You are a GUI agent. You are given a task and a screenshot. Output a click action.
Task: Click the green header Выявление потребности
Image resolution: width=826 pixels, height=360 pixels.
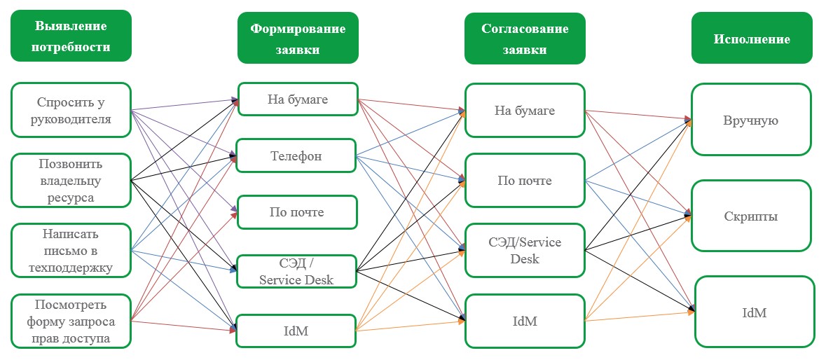point(71,36)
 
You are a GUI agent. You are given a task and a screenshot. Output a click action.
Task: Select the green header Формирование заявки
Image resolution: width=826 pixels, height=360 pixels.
point(298,38)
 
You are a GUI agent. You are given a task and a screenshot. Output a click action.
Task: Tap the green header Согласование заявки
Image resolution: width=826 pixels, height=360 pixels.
point(525,39)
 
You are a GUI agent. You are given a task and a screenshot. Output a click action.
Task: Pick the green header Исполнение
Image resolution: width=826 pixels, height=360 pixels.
point(752,39)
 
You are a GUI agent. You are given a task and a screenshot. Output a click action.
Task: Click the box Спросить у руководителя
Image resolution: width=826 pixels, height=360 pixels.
point(71,109)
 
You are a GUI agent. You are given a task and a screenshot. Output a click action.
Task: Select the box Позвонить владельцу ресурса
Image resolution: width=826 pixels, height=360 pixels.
point(71,180)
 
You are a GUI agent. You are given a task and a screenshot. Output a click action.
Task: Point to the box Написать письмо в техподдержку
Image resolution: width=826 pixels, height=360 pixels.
point(71,250)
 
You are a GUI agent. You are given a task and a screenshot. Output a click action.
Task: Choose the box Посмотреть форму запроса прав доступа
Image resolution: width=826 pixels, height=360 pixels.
point(71,321)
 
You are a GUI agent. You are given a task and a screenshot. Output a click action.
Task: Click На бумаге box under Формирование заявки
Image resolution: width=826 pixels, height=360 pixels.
point(298,99)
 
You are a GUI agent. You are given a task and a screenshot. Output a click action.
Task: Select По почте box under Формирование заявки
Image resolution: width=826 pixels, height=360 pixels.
point(297,212)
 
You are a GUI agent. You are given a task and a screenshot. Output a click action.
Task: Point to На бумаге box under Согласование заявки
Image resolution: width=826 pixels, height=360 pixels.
point(525,110)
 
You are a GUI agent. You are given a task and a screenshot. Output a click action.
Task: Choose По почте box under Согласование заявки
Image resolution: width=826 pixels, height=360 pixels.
point(525,180)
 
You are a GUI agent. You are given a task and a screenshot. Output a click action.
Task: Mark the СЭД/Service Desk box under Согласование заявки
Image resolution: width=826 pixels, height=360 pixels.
point(525,250)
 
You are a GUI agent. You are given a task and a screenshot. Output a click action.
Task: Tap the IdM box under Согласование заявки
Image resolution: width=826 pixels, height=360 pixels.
point(525,321)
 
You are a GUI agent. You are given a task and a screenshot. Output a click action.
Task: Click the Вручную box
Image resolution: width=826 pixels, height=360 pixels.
point(751,120)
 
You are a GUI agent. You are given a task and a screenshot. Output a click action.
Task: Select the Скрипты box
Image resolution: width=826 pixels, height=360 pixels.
point(751,216)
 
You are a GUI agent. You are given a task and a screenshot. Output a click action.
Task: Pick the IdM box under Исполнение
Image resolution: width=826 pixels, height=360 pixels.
point(755,312)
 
